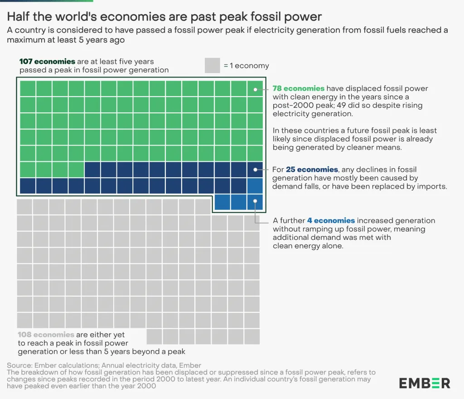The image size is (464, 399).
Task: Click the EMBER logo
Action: coord(425,383)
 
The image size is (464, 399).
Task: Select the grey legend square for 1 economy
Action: coord(212,65)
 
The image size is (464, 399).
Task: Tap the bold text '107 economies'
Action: coord(41,62)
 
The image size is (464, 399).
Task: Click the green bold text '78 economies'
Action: coord(298,88)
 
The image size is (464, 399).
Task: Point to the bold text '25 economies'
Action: coord(312,170)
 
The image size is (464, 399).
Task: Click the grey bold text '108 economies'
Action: coord(46,335)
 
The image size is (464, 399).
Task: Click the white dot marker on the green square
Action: coord(255,89)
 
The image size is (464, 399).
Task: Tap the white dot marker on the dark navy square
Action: coord(255,170)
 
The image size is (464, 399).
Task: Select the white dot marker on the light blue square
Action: coord(255,201)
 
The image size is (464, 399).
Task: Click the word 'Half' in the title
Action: coord(19,17)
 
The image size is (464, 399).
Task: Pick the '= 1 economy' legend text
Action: coord(246,66)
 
